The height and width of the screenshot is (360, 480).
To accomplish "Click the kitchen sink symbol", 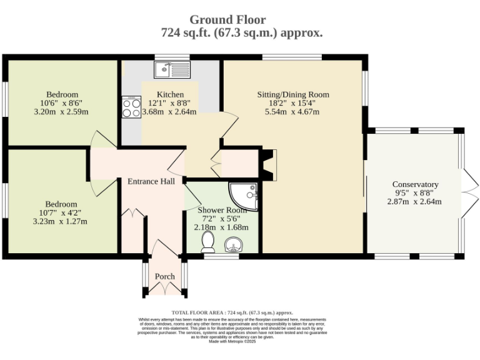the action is [172, 69].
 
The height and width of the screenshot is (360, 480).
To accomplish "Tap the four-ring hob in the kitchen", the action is [131, 107].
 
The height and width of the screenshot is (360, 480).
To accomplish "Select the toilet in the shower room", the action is [208, 242].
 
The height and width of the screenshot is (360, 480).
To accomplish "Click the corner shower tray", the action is [244, 196].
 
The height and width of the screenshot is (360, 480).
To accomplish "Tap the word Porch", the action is [165, 276].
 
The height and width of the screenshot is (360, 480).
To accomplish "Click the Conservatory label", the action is [416, 184].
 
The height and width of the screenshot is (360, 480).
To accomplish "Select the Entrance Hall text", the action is [151, 181].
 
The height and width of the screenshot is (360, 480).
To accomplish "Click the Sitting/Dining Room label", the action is [293, 94].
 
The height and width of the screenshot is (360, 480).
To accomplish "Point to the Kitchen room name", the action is [170, 94].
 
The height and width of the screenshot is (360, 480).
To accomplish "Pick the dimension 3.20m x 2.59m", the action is [61, 112].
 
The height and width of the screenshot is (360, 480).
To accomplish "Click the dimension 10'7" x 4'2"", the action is [60, 212].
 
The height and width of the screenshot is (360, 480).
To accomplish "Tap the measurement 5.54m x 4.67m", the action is [292, 112].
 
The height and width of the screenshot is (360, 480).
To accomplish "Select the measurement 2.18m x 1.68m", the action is [221, 227].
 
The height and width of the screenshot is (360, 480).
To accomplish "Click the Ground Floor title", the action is [227, 19].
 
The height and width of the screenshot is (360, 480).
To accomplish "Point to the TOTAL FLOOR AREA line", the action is [232, 312].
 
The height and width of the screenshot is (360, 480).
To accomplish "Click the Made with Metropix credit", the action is [232, 341].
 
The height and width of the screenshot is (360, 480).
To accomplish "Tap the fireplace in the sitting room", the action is [269, 165].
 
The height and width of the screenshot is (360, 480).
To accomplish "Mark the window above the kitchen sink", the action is [172, 57].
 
